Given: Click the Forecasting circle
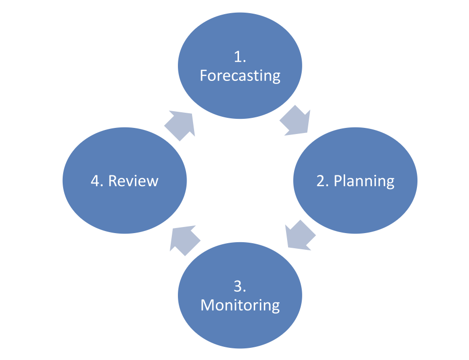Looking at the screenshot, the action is pos(240,66).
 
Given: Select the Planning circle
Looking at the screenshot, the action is pos(355,181).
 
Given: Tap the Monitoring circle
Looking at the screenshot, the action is pos(240,295).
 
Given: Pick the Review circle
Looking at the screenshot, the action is pos(125,181).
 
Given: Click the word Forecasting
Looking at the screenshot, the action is pos(240,76).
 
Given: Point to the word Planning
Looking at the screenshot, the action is pos(364,181).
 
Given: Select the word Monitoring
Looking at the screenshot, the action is pos(240,305).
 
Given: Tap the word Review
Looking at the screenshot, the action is pos(133,181).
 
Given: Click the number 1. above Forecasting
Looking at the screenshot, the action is pos(240,57).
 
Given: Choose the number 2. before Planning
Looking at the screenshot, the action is pos(323,181).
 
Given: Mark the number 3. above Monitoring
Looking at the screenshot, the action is pos(240,286).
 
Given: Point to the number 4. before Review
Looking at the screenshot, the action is pos(97,181).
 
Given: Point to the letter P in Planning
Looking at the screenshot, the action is pos(338,181).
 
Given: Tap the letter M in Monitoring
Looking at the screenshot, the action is pos(208,305).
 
